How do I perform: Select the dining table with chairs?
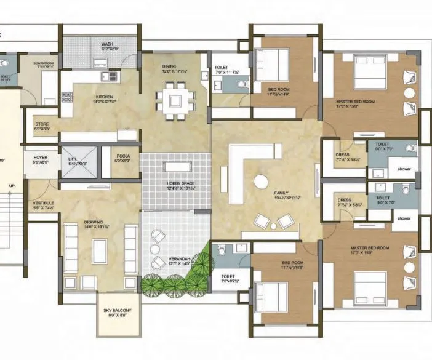point(175,100)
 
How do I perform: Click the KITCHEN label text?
point(104,97)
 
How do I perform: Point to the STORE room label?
point(42,124)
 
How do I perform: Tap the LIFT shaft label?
point(73,159)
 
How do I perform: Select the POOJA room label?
point(123,156)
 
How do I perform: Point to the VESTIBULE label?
point(43,203)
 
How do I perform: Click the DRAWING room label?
point(93,222)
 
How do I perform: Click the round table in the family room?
point(261,181)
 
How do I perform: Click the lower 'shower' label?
point(404,218)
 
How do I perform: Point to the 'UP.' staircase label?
point(12,185)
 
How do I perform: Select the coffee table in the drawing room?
point(99,249)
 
